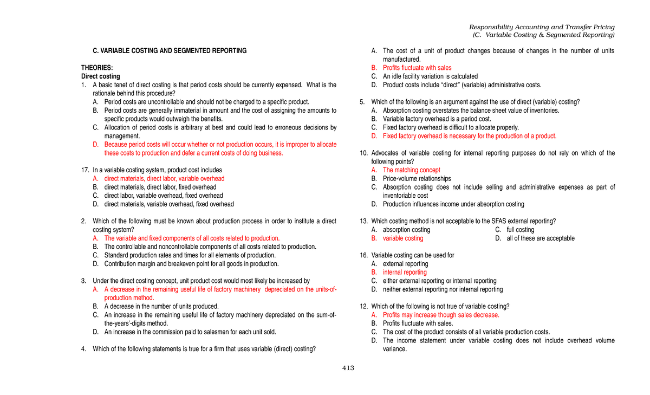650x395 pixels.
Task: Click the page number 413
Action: point(348,368)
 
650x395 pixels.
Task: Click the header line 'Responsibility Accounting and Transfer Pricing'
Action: point(542,27)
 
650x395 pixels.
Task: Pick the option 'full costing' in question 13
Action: point(520,230)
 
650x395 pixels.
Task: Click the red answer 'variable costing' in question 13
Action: point(403,238)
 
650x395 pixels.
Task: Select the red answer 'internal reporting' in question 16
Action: point(405,273)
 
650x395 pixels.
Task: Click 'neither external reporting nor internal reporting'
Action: point(443,289)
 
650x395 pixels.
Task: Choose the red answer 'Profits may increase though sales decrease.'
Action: point(441,315)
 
